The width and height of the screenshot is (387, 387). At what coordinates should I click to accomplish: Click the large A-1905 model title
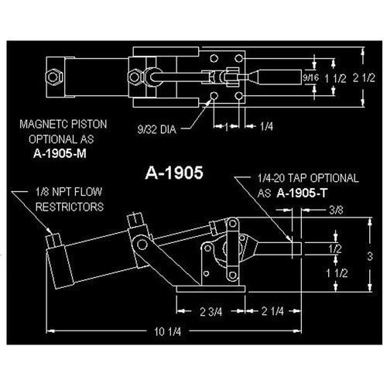[x=174, y=173]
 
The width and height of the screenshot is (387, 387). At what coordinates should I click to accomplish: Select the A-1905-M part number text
[x=60, y=154]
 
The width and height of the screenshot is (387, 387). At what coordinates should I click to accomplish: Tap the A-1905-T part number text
[x=302, y=193]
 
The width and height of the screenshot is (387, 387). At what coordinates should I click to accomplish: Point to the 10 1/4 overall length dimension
[x=168, y=331]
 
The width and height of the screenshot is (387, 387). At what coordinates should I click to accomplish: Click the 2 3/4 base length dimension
[x=211, y=312]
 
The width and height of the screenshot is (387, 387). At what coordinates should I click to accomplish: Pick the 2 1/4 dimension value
[x=272, y=311]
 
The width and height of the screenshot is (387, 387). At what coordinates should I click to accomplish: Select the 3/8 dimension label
[x=336, y=211]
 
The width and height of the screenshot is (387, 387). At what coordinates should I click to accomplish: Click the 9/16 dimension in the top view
[x=311, y=77]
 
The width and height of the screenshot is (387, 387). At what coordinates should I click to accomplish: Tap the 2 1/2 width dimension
[x=364, y=77]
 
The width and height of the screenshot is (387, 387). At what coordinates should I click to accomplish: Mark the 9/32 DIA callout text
[x=156, y=129]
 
